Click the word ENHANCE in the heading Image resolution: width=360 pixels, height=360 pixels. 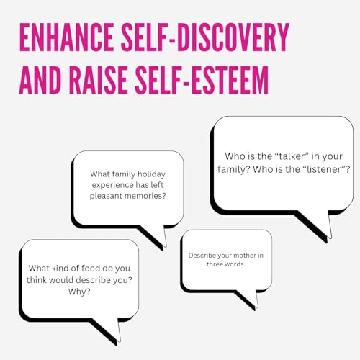[x=66, y=37]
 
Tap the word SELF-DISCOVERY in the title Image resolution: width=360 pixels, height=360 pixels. [x=205, y=37]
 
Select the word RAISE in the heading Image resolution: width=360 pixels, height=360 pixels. [x=99, y=80]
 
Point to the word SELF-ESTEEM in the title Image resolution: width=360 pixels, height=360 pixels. [x=202, y=80]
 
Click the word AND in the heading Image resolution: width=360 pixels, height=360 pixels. [x=40, y=80]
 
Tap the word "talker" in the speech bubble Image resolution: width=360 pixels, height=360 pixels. [x=291, y=156]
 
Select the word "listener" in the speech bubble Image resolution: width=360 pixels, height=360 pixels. [x=323, y=169]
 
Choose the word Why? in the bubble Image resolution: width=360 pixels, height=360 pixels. [x=79, y=292]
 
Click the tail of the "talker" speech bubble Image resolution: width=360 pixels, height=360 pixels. [x=319, y=225]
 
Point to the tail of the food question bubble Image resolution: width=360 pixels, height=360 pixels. [x=109, y=329]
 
